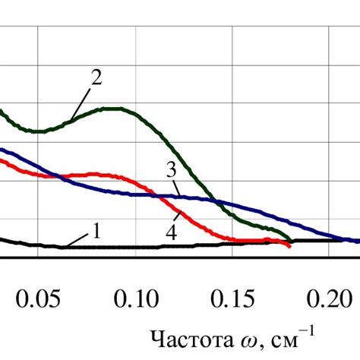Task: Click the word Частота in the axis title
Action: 185,337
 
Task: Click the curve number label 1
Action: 96,230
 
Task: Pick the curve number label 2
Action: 96,77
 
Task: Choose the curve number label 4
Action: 172,233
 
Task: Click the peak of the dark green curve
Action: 114,108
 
